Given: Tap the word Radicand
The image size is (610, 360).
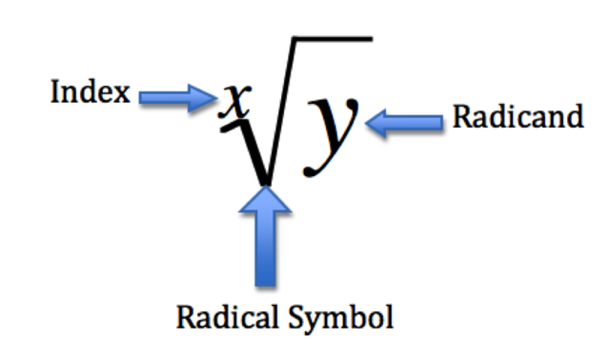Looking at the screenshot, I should (x=517, y=118).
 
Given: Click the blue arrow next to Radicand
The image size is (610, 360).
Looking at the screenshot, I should (x=405, y=121).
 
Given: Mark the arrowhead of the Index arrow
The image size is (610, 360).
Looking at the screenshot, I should (x=207, y=94).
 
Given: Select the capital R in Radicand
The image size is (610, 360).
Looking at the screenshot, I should (x=459, y=118).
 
